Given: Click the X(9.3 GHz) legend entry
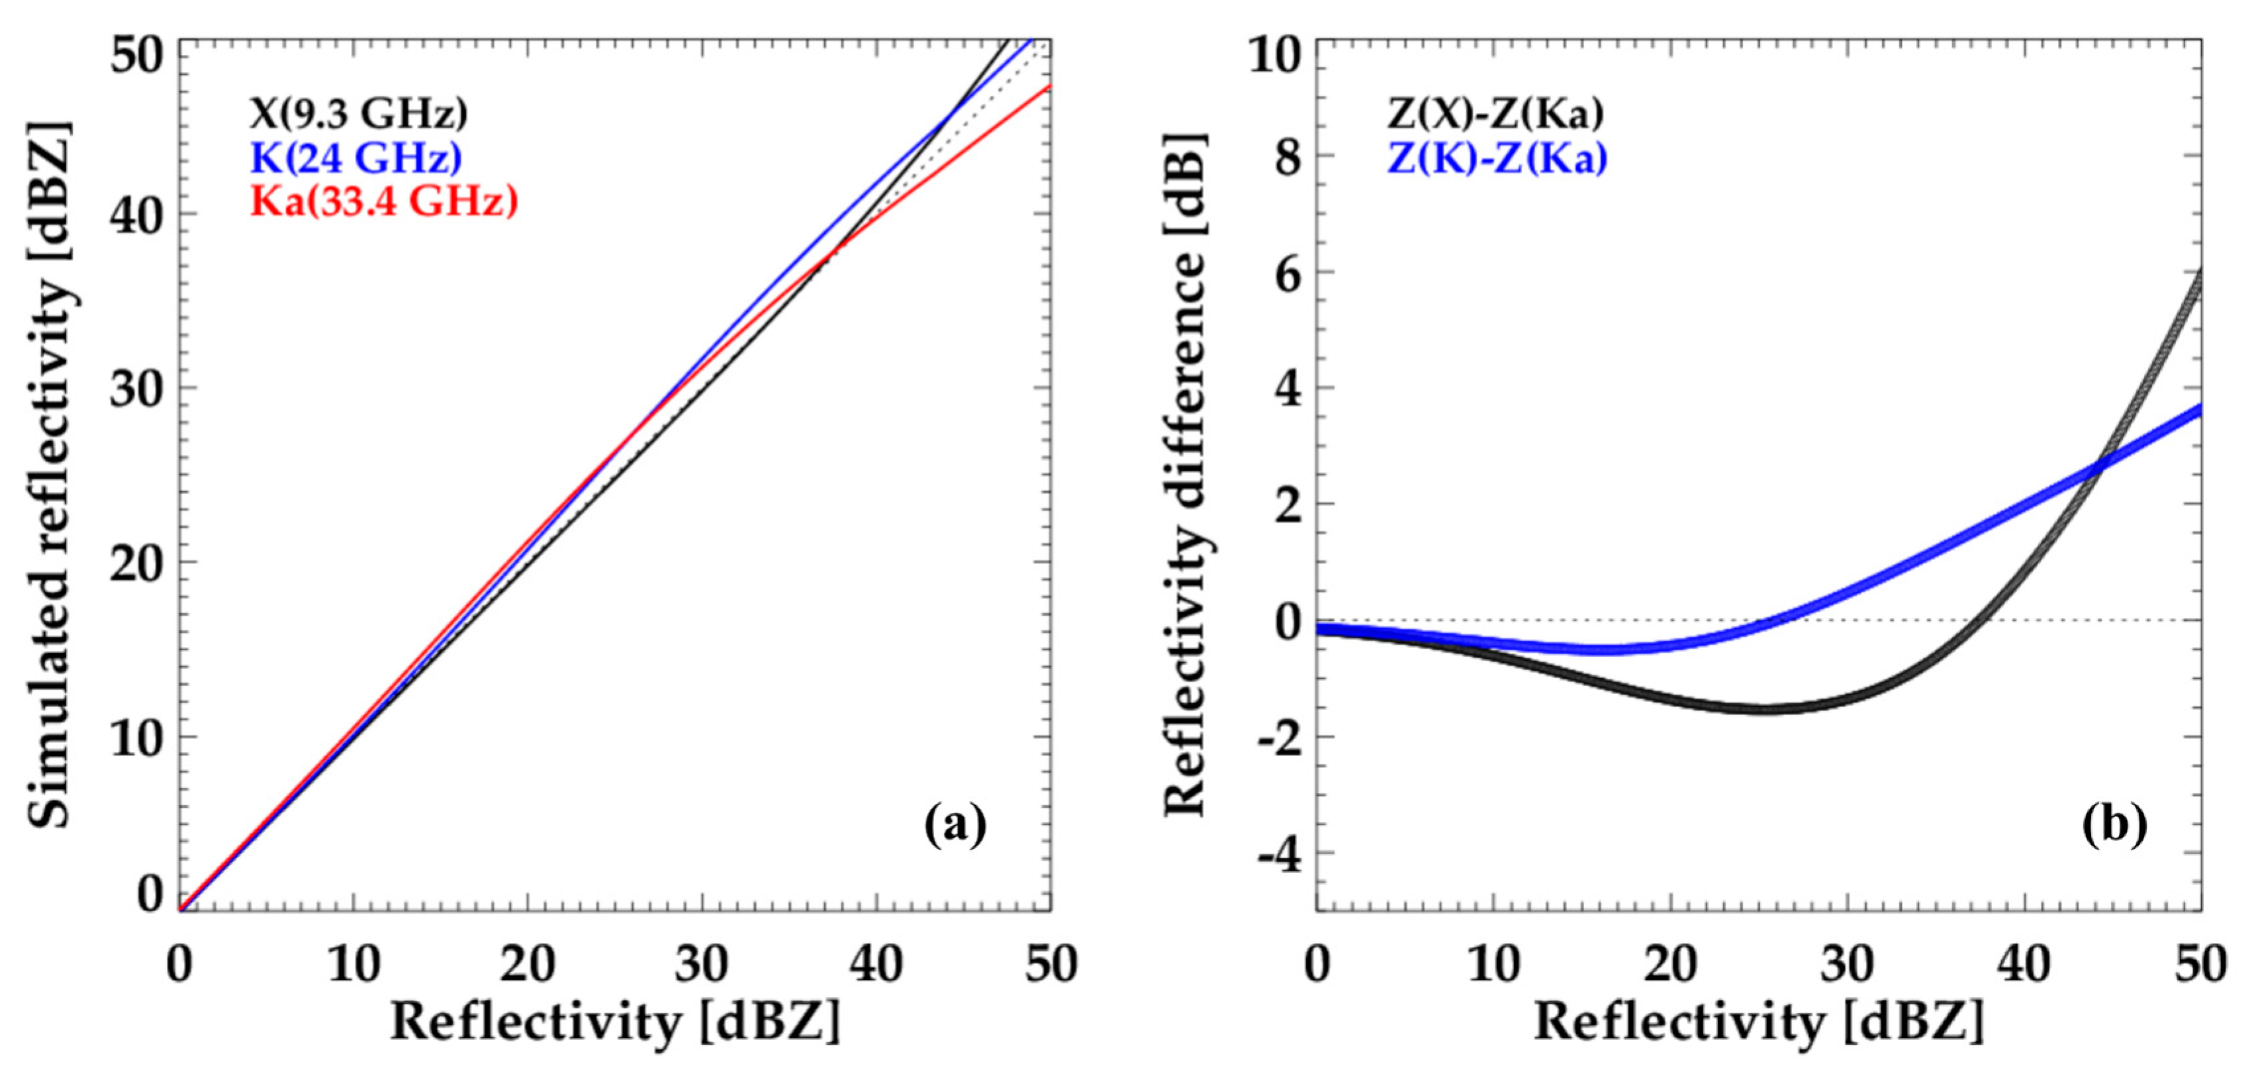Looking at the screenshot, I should click(359, 113).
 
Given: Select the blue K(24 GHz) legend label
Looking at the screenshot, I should click(355, 158).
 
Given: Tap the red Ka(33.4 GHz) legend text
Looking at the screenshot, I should click(383, 201).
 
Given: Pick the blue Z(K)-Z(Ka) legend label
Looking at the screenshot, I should click(1497, 158).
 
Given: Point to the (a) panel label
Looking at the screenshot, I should click(955, 824).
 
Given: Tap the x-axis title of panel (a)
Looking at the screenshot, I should click(615, 1021).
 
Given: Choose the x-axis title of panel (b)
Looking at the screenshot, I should click(1759, 1021).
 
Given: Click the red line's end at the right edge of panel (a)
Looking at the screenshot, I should click(1049, 86).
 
